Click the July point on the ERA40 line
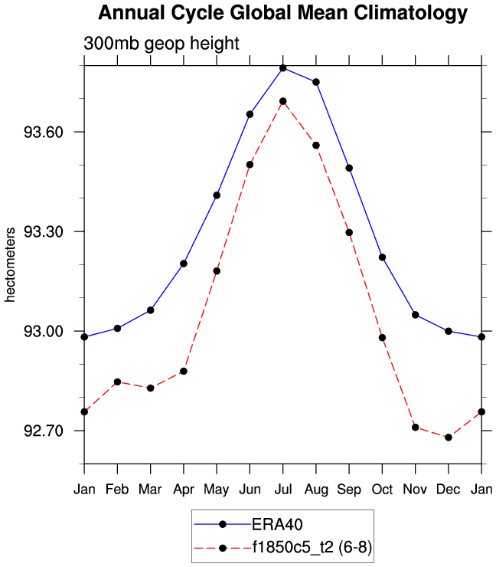point(282,68)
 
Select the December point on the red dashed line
point(449,437)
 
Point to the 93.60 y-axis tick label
point(44,133)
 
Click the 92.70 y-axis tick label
point(44,431)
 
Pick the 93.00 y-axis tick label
point(44,332)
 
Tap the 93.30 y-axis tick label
point(44,232)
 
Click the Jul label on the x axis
point(282,489)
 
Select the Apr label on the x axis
point(183,489)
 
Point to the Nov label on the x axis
point(415,489)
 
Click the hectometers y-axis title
point(11,264)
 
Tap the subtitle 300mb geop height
point(161,44)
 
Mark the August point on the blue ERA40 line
point(316,82)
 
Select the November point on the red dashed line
point(415,427)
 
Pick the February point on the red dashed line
point(117,382)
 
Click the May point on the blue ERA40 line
point(217,195)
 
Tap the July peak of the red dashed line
point(282,101)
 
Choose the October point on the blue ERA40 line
point(382,257)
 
